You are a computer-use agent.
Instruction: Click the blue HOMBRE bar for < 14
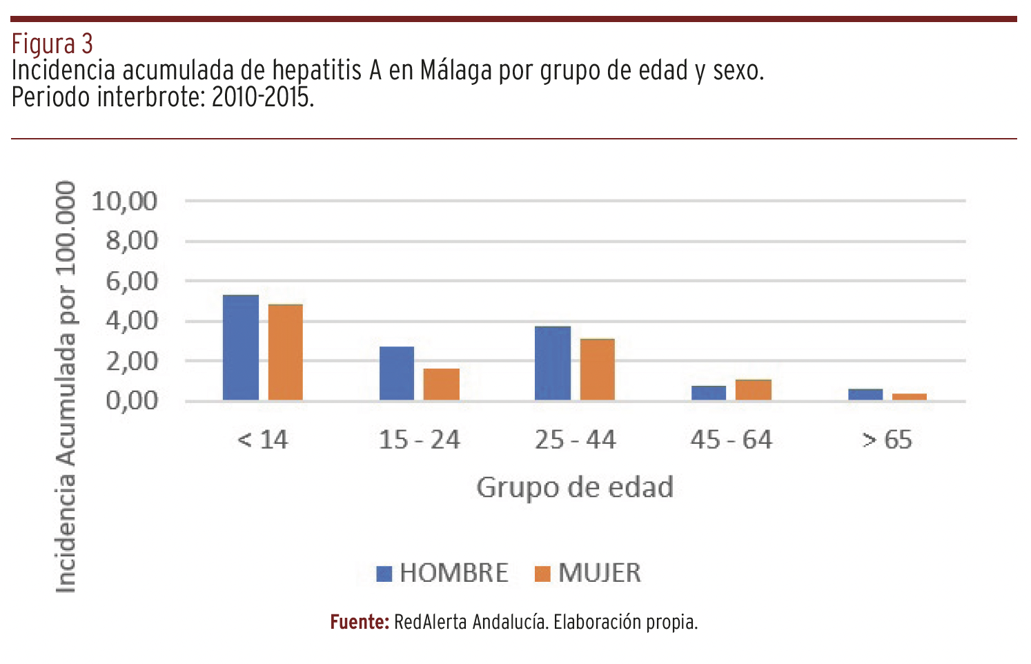coord(241,348)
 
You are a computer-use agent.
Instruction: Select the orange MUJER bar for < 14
coord(286,353)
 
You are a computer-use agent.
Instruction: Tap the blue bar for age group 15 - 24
coord(397,373)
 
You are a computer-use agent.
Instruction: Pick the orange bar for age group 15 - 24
coord(442,384)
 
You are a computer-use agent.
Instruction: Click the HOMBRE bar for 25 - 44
coord(553,363)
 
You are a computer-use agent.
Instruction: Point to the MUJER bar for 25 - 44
coord(598,370)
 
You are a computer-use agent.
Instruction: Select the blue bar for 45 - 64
coord(709,393)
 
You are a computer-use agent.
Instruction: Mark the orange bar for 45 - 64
coord(754,390)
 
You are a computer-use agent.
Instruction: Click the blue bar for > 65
coord(865,395)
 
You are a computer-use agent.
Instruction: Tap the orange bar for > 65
coord(910,397)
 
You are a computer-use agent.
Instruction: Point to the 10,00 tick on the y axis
coord(125,202)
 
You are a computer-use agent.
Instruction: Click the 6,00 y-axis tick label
coord(132,281)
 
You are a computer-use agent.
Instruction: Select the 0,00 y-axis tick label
coord(132,400)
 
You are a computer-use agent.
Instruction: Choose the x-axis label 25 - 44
coord(576,440)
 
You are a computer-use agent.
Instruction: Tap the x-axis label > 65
coord(887,440)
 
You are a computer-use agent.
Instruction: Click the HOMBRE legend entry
coord(442,573)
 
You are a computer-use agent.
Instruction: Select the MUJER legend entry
coord(589,573)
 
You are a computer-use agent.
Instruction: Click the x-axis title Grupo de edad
coord(575,487)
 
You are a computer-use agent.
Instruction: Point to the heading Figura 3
coord(52,44)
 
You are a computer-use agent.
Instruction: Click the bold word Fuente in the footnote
coord(360,622)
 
